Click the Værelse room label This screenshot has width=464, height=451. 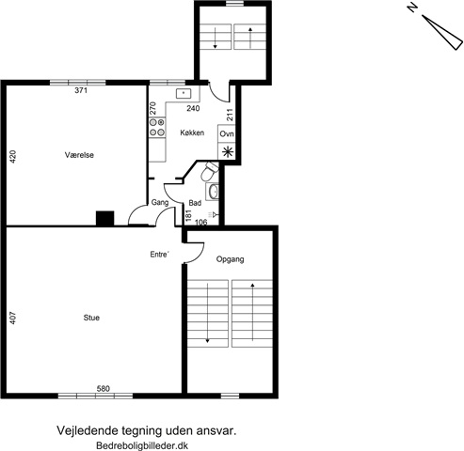pos(79,155)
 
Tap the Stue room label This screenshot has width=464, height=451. pos(91,318)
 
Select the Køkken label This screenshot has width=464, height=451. pos(192,132)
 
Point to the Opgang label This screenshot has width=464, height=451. pos(230,259)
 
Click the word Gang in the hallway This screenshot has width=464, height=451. pos(160,202)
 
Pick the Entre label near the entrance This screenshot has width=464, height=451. pos(160,255)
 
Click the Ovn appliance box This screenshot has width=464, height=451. pos(227,133)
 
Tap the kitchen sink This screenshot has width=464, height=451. pos(184,93)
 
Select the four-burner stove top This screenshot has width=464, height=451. pos(157,128)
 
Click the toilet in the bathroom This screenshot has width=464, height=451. pos(209,171)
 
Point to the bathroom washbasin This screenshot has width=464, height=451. pos(214,192)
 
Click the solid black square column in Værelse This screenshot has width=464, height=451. pos(105,218)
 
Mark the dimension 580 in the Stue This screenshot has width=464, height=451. pos(104,389)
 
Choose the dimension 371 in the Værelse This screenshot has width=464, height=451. pos(81,90)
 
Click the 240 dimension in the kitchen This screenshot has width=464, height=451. pos(193,108)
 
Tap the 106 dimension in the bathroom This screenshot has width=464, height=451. pos(201,222)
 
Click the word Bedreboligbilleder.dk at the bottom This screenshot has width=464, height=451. pos(142,445)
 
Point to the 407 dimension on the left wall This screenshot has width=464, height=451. pos(13,318)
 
